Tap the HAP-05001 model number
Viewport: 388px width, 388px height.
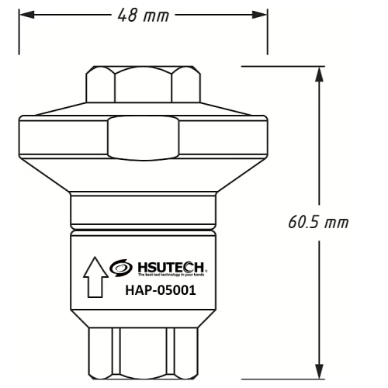[x=159, y=292]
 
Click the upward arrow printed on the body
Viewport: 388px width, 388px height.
[x=95, y=279]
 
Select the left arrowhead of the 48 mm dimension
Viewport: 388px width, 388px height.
[x=25, y=16]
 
